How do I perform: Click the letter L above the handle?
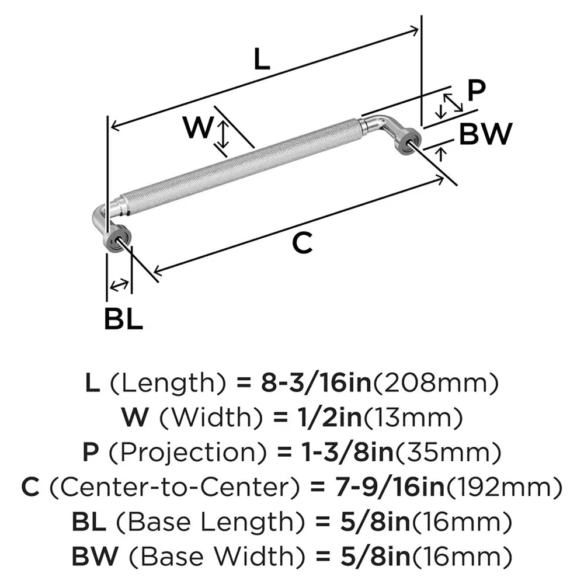(x=263, y=60)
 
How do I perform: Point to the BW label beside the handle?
(x=485, y=135)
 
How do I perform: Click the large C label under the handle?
(x=301, y=244)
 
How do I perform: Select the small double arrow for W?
(x=223, y=134)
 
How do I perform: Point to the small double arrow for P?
(x=451, y=104)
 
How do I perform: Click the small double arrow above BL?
(x=119, y=285)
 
